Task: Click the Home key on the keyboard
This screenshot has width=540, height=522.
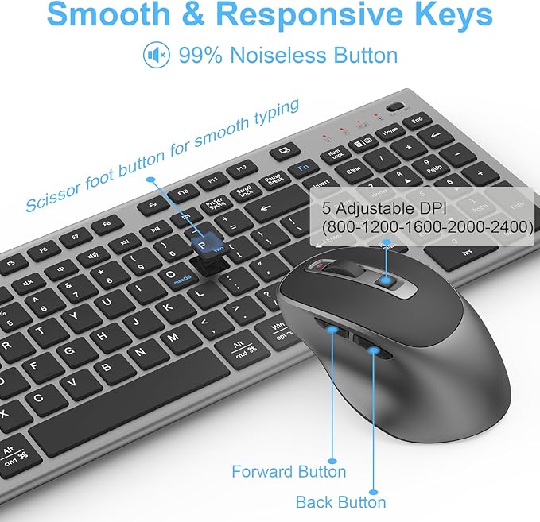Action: (390, 131)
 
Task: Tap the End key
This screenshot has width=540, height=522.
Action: (417, 120)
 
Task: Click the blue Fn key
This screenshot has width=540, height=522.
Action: (303, 168)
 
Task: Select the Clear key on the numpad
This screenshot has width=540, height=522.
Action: (354, 168)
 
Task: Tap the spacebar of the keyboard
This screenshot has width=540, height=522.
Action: (127, 413)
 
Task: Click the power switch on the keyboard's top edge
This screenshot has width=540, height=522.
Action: (392, 106)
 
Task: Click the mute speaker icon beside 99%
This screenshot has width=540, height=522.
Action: (156, 55)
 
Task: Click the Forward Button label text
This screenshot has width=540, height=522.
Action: (289, 471)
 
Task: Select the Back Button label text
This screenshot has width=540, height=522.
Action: (340, 501)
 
